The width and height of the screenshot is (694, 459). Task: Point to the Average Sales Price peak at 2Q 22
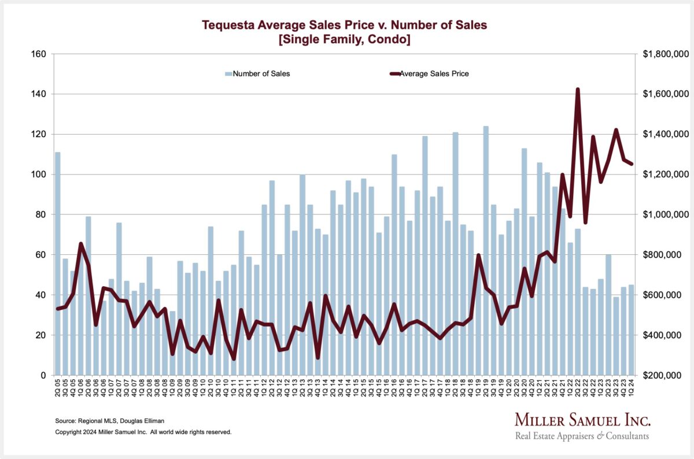pos(578,90)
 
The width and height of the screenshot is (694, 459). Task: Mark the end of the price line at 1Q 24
pos(632,164)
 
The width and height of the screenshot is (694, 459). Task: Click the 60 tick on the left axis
pos(40,255)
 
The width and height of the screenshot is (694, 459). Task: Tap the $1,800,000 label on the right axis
pos(665,54)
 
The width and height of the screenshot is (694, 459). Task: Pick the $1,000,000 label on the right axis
pos(665,214)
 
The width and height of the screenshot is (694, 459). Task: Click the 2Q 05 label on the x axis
pos(58,387)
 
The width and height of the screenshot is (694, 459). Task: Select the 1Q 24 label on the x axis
pos(631,387)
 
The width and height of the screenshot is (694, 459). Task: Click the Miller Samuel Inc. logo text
pos(582,420)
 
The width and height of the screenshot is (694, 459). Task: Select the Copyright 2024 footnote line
pos(143,432)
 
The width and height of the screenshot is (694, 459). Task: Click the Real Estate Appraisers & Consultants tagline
pos(582,436)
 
